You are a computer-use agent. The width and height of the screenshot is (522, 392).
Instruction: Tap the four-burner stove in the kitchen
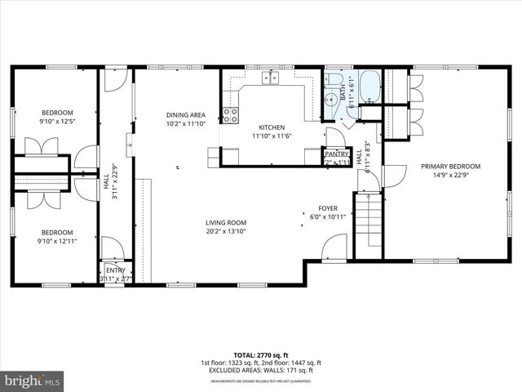(231, 115)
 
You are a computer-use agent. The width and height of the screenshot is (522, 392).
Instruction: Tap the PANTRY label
(337, 153)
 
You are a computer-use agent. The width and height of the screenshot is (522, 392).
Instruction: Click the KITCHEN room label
(272, 127)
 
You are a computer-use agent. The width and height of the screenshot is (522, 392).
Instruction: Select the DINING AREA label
(185, 115)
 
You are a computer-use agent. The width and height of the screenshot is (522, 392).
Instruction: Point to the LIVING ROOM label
(226, 222)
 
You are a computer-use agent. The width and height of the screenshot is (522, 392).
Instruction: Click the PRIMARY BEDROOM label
(450, 166)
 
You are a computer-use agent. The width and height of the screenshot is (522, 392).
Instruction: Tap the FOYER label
(329, 207)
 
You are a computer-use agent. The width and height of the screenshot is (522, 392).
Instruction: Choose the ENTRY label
(114, 270)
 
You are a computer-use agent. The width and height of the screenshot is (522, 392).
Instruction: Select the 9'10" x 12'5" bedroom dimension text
(58, 122)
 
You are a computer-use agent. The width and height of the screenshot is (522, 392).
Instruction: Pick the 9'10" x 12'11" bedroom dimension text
(58, 240)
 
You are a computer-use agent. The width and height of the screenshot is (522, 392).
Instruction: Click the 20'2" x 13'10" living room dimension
(226, 231)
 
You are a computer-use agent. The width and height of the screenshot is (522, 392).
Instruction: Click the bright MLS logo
(33, 380)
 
